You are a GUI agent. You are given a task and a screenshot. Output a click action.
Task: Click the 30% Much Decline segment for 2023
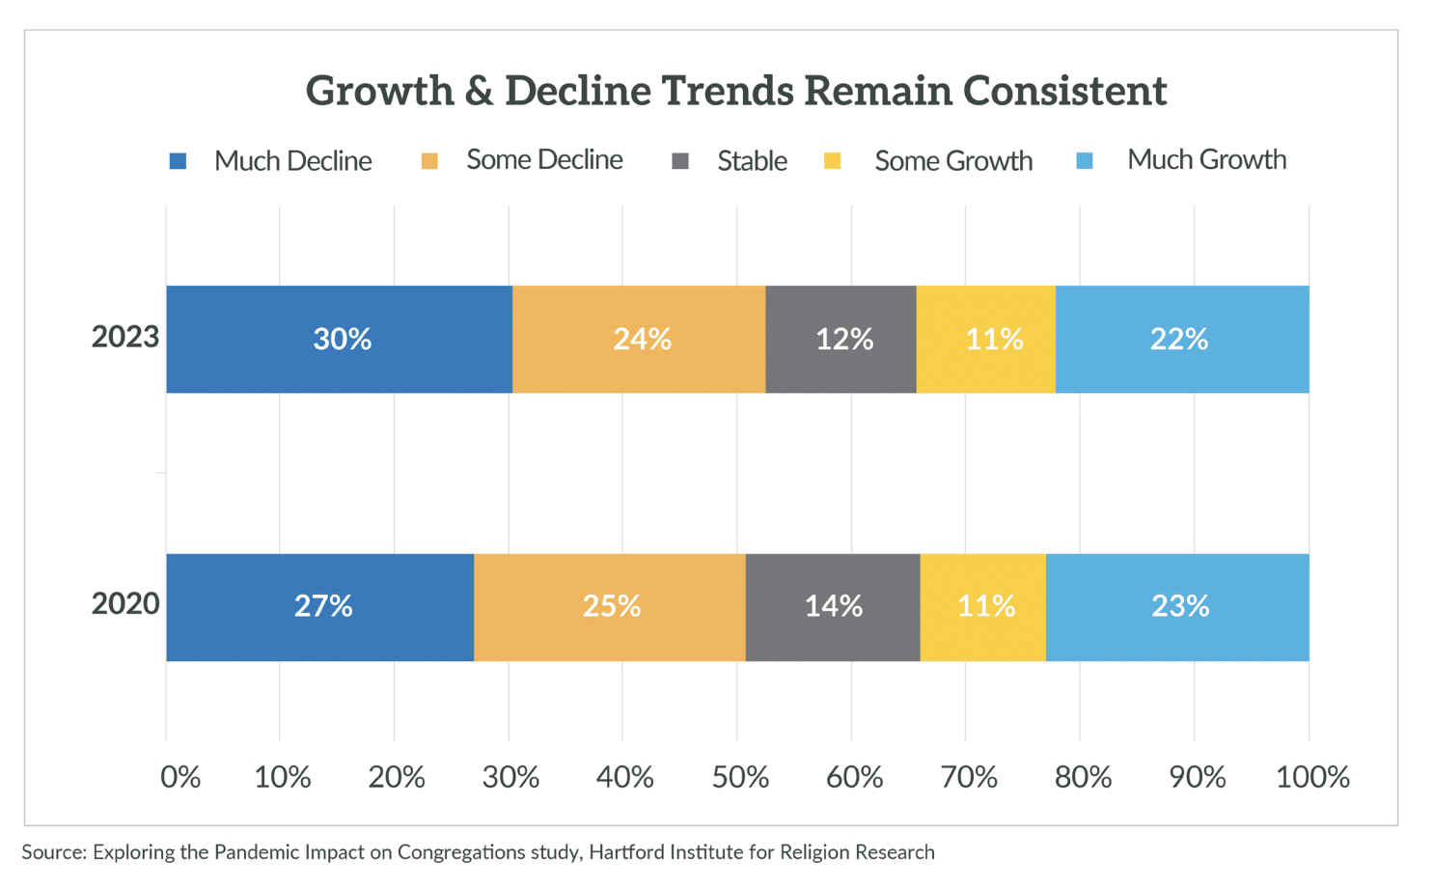339,339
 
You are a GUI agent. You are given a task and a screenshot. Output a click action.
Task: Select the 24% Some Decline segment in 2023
639,339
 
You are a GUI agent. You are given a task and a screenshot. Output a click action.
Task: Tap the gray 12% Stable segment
841,339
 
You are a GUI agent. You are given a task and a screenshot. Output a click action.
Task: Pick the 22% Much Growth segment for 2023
1182,339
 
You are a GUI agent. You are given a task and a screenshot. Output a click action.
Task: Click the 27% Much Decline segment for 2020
320,607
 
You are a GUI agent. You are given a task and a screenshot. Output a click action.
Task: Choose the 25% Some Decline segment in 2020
610,607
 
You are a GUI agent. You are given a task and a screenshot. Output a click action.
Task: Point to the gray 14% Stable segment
833,607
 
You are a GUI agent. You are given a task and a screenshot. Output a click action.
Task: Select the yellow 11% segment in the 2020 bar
983,607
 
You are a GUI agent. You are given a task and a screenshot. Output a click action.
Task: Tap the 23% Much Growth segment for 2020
1177,607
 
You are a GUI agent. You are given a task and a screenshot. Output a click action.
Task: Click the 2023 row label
125,337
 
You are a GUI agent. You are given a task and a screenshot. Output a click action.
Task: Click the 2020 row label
125,604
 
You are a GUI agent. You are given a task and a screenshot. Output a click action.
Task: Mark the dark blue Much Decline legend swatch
178,161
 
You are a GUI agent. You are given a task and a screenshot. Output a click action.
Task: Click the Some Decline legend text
544,160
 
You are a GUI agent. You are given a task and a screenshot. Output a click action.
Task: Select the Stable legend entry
751,161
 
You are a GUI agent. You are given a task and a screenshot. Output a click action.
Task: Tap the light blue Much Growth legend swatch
1085,161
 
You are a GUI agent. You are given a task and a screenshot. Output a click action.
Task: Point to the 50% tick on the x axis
740,777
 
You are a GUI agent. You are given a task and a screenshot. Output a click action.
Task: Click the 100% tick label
1312,777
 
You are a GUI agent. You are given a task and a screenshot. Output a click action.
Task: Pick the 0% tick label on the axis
180,777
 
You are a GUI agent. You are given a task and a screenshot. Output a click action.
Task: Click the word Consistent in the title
1064,91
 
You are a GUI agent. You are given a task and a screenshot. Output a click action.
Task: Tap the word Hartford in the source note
625,852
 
